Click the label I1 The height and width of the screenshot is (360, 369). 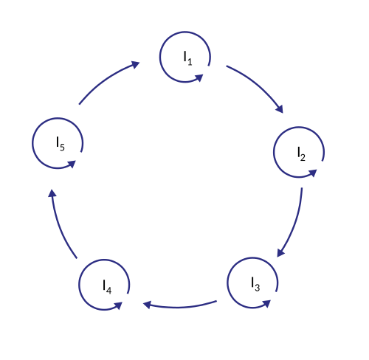tap(187, 58)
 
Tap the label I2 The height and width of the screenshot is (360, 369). tap(301, 154)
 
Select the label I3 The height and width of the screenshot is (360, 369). tap(255, 284)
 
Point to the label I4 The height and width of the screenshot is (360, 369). tap(107, 287)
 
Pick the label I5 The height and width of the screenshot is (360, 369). tap(61, 144)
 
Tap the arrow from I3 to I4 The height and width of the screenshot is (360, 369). tap(179, 307)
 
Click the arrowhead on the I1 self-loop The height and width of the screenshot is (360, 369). tap(199, 77)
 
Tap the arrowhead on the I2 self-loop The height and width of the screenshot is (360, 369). tap(313, 173)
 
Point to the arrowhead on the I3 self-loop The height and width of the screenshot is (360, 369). tap(266, 304)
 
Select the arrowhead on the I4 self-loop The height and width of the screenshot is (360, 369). tap(118, 305)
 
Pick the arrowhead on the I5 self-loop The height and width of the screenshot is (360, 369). tap(72, 164)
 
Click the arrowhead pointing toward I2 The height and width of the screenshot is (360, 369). tap(280, 109)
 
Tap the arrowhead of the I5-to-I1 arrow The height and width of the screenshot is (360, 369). tap(136, 65)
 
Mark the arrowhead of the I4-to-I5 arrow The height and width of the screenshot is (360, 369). tap(52, 193)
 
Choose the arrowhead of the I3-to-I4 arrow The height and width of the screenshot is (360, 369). tap(147, 305)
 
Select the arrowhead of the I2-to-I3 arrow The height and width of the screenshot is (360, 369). tap(280, 253)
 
